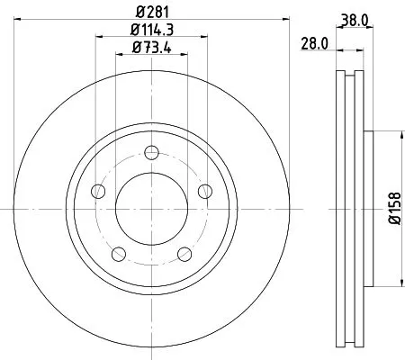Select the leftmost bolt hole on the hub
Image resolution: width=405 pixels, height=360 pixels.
[x=97, y=190]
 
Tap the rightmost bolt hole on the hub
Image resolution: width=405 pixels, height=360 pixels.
[x=205, y=190]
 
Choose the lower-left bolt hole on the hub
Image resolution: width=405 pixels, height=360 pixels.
[x=117, y=252]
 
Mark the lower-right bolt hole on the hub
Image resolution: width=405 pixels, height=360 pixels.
[x=184, y=252]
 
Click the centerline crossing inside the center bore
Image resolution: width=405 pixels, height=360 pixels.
[x=151, y=207]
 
